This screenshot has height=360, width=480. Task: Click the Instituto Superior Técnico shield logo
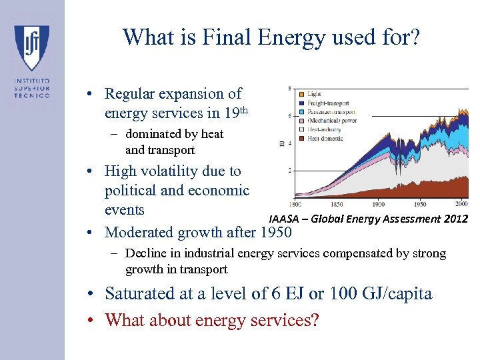31,47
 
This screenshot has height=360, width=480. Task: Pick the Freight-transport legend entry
327,103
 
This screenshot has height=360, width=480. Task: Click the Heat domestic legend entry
325,138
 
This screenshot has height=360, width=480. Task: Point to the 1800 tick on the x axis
295,204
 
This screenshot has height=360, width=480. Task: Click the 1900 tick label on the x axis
378,204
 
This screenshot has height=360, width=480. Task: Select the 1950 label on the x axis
419,204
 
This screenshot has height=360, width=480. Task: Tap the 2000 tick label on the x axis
461,204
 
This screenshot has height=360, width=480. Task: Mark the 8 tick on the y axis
289,89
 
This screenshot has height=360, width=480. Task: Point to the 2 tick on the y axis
289,171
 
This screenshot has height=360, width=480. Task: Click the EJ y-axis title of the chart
282,143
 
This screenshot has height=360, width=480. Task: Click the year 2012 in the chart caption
456,219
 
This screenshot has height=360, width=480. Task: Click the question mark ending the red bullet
315,320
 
